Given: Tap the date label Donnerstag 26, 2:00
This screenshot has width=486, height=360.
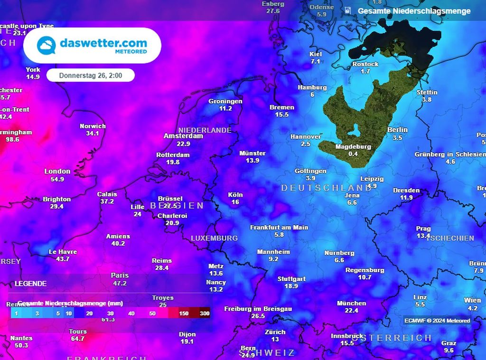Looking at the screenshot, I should [x=90, y=76].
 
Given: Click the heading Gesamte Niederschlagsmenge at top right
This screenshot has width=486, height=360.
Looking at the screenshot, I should [x=414, y=11].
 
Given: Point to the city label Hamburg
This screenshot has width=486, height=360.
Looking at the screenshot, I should [x=312, y=87].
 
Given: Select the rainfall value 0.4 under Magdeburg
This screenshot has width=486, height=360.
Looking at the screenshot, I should [x=353, y=154].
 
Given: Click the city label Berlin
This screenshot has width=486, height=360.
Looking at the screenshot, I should [x=397, y=130].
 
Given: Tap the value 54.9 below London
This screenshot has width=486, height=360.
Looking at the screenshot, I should [x=57, y=179].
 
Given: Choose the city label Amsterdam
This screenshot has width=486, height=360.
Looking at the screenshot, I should [x=183, y=136].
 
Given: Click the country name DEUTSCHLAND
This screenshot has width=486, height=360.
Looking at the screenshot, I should [x=327, y=188].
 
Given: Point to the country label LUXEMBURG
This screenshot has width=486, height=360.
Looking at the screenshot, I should [x=214, y=238].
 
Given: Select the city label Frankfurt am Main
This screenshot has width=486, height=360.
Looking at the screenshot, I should [x=279, y=227].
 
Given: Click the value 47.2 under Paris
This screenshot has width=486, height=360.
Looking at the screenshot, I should [x=120, y=283].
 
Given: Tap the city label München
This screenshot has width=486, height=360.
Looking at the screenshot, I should [x=351, y=303].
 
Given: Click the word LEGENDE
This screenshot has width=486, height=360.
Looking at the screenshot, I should [x=31, y=284].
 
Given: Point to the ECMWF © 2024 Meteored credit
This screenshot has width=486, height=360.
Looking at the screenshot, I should [x=437, y=321].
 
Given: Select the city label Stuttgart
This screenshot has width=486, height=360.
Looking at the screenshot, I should [x=291, y=279].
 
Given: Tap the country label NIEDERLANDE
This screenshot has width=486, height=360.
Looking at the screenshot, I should [x=205, y=130].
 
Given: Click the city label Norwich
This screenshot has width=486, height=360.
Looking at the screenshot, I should [x=93, y=126].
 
